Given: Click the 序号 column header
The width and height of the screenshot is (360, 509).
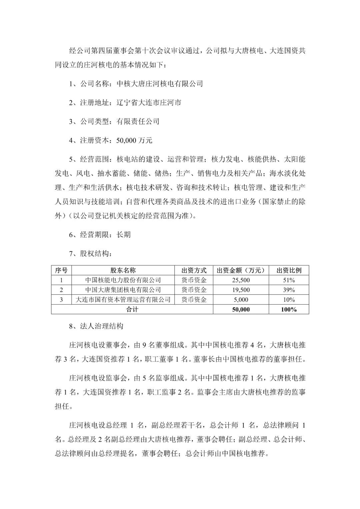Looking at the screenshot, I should click(x=61, y=270).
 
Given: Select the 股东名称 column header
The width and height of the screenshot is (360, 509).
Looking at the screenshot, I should click(x=123, y=270).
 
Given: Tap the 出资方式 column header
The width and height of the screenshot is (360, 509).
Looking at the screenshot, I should click(x=194, y=270).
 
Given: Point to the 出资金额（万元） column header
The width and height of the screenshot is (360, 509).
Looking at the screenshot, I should click(x=241, y=270).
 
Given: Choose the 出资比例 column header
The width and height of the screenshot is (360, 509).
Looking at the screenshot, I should click(x=289, y=270).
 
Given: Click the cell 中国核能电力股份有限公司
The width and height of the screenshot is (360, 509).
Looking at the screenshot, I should click(x=123, y=280).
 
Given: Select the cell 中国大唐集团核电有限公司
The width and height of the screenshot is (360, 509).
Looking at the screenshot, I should click(x=123, y=290).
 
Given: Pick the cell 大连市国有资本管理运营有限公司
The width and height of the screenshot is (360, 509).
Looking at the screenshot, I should click(x=123, y=300).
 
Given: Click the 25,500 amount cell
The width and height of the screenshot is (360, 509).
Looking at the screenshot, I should click(x=241, y=280).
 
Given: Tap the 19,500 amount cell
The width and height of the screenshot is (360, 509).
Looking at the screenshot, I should click(x=241, y=290).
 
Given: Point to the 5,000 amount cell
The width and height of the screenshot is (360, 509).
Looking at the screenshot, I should click(x=241, y=300).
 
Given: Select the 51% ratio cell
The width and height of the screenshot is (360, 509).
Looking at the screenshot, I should click(x=289, y=280).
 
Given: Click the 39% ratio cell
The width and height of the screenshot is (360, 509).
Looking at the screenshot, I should click(x=289, y=290).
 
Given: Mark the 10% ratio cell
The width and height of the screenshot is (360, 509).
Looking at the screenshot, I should click(x=289, y=300).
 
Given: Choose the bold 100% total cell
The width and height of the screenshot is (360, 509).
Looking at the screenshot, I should click(x=289, y=309).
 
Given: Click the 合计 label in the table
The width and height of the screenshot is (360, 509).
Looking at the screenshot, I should click(x=132, y=309).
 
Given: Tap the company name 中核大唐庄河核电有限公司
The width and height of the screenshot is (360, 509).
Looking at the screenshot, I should click(x=160, y=84).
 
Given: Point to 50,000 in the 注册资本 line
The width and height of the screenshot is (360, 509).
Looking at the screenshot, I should click(x=126, y=140).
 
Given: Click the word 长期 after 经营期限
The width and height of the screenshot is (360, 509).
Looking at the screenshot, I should click(x=123, y=235).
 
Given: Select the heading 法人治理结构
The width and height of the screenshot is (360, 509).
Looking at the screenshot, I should click(x=102, y=326).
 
